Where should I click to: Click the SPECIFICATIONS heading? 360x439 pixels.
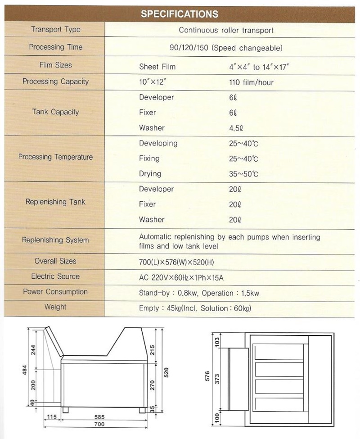click(x=180, y=14)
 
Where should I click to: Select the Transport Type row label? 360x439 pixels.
click(x=56, y=30)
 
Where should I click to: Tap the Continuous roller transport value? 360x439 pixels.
click(x=226, y=31)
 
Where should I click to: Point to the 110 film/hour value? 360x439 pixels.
click(x=251, y=82)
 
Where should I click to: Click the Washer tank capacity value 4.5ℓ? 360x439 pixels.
click(x=235, y=128)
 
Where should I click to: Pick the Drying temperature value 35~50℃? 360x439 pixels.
click(x=243, y=174)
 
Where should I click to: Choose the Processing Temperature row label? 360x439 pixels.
click(x=56, y=157)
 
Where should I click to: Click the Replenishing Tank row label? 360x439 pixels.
click(x=56, y=202)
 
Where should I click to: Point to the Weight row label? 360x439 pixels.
click(x=56, y=307)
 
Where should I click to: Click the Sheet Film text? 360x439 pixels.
click(x=157, y=67)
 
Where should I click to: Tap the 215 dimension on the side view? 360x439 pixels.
click(x=152, y=350)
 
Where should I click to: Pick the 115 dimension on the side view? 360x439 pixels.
click(x=52, y=417)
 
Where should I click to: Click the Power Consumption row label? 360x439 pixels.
click(x=56, y=292)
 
